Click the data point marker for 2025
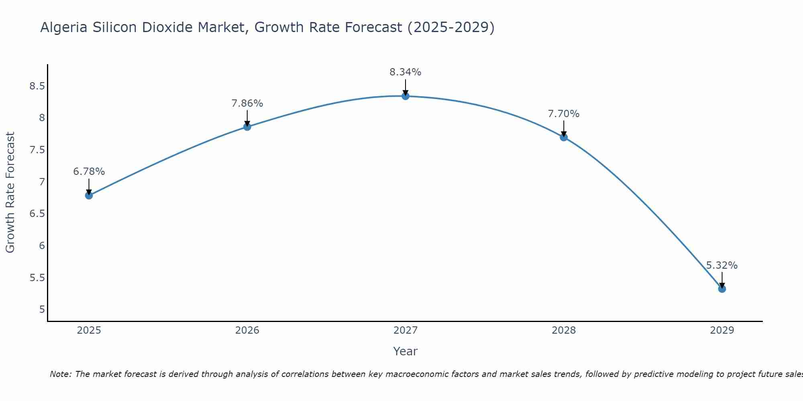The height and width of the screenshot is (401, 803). pyautogui.click(x=89, y=196)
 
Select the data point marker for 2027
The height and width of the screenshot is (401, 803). pyautogui.click(x=406, y=96)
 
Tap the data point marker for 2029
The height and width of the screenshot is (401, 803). pyautogui.click(x=722, y=289)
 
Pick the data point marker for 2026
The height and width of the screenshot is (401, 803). pyautogui.click(x=247, y=127)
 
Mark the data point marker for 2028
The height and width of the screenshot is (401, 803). pyautogui.click(x=564, y=137)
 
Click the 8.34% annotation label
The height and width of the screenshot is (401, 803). pyautogui.click(x=406, y=72)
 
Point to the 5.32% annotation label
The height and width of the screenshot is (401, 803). pyautogui.click(x=722, y=265)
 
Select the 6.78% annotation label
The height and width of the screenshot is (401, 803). pyautogui.click(x=89, y=172)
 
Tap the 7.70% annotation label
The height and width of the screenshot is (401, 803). pyautogui.click(x=564, y=114)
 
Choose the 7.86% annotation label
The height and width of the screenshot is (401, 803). pyautogui.click(x=247, y=103)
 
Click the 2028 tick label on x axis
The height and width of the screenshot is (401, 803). pyautogui.click(x=564, y=330)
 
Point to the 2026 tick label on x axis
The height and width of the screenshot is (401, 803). pyautogui.click(x=247, y=330)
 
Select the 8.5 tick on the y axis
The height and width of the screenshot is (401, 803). pyautogui.click(x=37, y=86)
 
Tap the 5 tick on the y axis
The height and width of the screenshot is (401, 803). pyautogui.click(x=42, y=309)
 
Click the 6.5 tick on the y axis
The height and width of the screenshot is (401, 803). pyautogui.click(x=37, y=213)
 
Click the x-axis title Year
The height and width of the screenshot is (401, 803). pyautogui.click(x=406, y=351)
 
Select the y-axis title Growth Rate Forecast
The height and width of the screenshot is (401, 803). pyautogui.click(x=10, y=192)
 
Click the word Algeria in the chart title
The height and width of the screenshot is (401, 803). pyautogui.click(x=64, y=27)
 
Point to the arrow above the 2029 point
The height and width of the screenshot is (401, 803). pyautogui.click(x=722, y=279)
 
